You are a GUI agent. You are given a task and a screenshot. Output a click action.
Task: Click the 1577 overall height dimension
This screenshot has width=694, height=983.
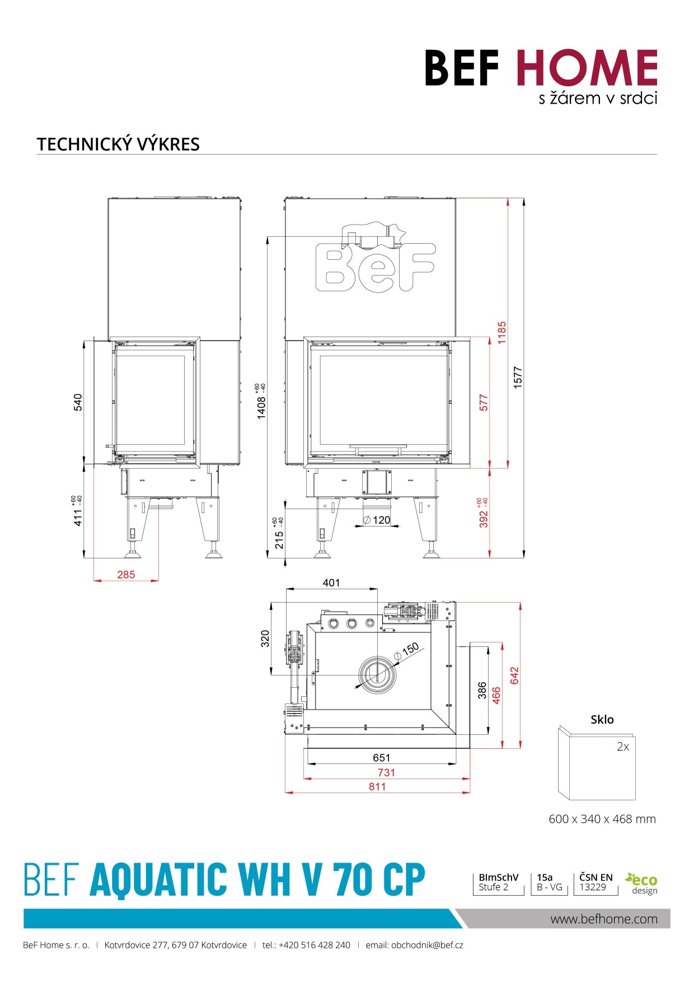coord(518,377)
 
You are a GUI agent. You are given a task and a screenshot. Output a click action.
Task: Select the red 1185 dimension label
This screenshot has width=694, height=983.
coord(501,332)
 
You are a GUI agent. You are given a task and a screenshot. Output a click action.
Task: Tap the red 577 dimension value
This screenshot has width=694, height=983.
coord(484,402)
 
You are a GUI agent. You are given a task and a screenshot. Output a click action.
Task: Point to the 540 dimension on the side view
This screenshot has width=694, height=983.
coord(78,402)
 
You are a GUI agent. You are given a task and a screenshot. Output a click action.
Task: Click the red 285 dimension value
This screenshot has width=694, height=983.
coord(126,574)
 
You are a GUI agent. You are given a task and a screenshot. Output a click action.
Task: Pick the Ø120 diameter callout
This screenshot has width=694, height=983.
coord(377,520)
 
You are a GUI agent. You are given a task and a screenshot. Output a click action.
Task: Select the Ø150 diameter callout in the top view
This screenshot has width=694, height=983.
coord(407,651)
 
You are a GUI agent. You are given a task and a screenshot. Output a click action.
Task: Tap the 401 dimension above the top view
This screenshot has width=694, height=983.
coord(331,583)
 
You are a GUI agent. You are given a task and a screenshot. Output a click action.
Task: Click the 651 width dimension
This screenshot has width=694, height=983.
coord(381,757)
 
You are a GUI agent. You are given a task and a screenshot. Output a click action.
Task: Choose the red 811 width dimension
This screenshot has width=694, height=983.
coord(377,786)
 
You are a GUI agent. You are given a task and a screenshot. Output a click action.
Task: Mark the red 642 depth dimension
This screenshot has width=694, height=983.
coord(514,675)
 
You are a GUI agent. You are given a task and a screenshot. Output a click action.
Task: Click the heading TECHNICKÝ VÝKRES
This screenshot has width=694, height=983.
coord(118,144)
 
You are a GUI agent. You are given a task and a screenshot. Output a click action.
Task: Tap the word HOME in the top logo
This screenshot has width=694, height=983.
coord(586,68)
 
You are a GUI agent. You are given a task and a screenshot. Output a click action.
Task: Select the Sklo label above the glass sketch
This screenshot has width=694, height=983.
coord(602,719)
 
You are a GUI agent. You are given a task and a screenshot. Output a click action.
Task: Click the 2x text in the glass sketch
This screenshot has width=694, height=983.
coord(622,746)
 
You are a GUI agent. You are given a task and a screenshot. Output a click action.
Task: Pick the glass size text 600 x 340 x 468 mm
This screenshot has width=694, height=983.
coord(602,819)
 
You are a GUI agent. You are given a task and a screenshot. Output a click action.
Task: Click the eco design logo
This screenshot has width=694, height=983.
coord(641,883)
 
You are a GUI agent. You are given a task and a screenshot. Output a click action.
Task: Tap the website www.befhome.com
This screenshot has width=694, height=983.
coord(603,919)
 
